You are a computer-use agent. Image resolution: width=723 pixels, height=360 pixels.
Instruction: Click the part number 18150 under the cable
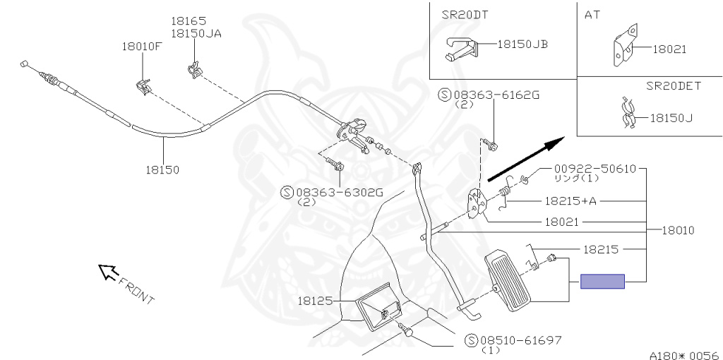tap(162, 170)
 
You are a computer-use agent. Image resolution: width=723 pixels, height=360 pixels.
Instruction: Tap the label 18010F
tap(142, 47)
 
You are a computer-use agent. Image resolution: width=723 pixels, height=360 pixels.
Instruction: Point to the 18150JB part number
tap(522, 44)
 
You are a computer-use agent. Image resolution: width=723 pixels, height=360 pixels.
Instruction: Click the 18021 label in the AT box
tap(669, 49)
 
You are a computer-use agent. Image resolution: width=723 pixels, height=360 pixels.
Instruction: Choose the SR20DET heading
tap(673, 86)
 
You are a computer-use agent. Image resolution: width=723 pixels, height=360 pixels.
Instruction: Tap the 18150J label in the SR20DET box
tap(671, 118)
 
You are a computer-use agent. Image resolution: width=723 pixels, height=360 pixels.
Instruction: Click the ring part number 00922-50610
tap(594, 169)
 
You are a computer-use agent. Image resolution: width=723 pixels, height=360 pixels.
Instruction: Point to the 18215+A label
tap(570, 201)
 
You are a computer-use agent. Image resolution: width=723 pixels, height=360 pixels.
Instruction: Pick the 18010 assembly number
tap(678, 230)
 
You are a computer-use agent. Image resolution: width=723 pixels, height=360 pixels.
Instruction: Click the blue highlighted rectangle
tap(602, 282)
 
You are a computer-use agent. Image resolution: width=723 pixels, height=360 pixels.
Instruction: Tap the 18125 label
tap(314, 300)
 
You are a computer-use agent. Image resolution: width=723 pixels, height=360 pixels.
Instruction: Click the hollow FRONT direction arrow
tap(107, 272)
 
